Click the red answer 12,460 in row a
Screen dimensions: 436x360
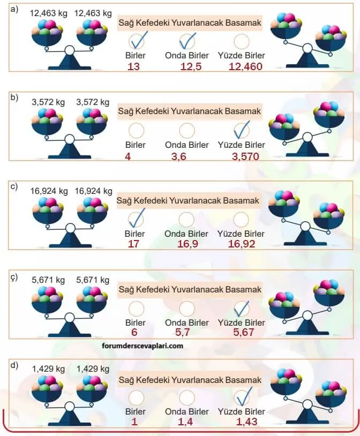point(241,66)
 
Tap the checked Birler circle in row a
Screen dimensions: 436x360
point(136,42)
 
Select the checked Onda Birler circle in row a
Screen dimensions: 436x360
point(187,42)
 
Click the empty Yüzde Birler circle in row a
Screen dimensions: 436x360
point(241,42)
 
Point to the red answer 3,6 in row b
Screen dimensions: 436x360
point(186,156)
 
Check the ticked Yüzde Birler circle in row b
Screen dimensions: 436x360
point(241,131)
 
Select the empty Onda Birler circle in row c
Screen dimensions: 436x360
point(186,219)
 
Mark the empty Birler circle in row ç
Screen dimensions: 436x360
point(136,309)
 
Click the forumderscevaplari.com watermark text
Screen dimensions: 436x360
point(142,345)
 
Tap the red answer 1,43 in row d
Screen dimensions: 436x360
point(241,422)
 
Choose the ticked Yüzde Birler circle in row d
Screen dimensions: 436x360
point(241,397)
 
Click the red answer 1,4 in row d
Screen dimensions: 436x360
point(186,422)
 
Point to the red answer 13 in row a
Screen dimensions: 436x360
point(134,66)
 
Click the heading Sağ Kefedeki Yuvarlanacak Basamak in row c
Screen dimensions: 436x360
point(188,201)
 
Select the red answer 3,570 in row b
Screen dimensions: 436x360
point(241,156)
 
